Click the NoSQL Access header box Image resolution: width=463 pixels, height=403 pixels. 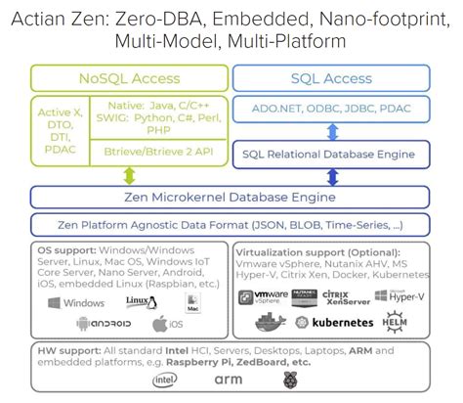tap(130, 79)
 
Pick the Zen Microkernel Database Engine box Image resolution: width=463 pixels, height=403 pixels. tap(230, 198)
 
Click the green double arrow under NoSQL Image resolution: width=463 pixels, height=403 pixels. tap(130, 176)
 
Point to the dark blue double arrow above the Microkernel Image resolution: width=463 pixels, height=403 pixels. tap(333, 176)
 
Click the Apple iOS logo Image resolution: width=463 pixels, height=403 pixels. tap(165, 324)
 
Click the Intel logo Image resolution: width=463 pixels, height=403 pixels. tap(165, 379)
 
